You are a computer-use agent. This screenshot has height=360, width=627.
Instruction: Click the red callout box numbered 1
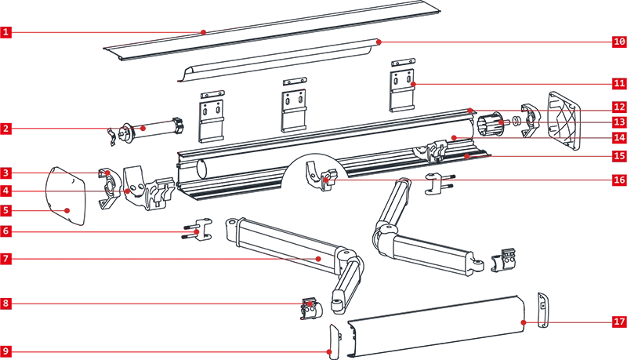pyautogui.click(x=6, y=32)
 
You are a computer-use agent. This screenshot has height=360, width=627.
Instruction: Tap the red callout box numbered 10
pyautogui.click(x=619, y=42)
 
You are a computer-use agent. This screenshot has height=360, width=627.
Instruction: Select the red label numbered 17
pyautogui.click(x=619, y=322)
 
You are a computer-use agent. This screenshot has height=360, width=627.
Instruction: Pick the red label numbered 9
pyautogui.click(x=6, y=351)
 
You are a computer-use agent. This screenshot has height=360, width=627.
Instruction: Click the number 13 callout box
pyautogui.click(x=619, y=122)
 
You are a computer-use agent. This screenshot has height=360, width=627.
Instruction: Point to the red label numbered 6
pyautogui.click(x=6, y=231)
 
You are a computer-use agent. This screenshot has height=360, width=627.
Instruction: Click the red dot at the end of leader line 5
pyautogui.click(x=67, y=210)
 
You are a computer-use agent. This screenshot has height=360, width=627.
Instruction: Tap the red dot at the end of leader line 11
pyautogui.click(x=413, y=84)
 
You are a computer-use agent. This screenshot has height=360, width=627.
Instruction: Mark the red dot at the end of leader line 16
pyautogui.click(x=326, y=180)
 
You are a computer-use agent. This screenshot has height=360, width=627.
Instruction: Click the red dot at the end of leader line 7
pyautogui.click(x=318, y=259)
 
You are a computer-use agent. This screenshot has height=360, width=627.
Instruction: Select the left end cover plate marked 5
pyautogui.click(x=67, y=196)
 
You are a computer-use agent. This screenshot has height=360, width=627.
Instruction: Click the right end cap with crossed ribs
pyautogui.click(x=564, y=120)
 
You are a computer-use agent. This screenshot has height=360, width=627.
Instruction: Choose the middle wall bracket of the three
pyautogui.click(x=295, y=106)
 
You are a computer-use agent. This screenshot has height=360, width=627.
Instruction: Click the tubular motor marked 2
pyautogui.click(x=148, y=129)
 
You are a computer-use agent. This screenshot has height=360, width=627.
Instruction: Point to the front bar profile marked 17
pyautogui.click(x=437, y=327)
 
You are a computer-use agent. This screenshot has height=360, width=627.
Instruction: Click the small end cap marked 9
pyautogui.click(x=335, y=341)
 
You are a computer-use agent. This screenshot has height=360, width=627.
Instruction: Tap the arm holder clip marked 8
pyautogui.click(x=310, y=308)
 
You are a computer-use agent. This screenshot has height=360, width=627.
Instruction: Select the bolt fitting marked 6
pyautogui.click(x=198, y=230)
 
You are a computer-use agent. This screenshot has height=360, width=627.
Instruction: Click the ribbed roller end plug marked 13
pyautogui.click(x=491, y=124)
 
